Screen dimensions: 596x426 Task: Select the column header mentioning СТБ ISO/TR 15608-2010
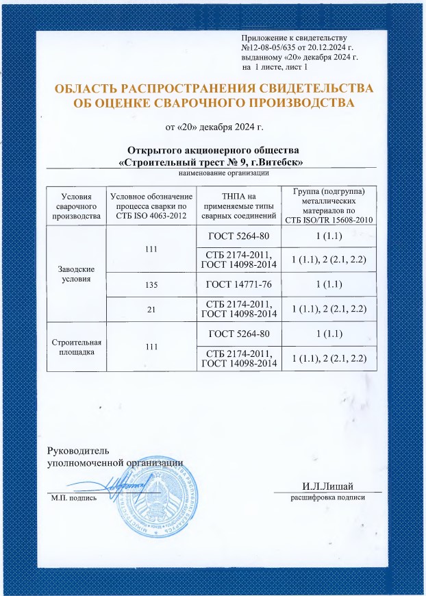click(327, 205)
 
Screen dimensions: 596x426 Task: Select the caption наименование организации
click(210, 173)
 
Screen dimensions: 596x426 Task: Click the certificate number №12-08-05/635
click(272, 48)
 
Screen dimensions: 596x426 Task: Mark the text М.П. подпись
click(74, 497)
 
